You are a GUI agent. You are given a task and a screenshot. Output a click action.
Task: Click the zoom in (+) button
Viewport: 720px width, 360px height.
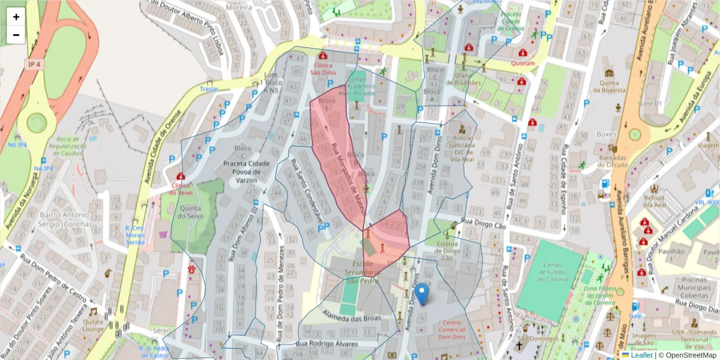[16, 17]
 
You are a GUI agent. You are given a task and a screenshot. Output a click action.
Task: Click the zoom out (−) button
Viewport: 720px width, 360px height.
[16, 35]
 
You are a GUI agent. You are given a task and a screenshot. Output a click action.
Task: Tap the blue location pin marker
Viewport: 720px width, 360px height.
[422, 294]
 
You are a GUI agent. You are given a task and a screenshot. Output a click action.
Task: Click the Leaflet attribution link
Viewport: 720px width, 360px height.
[641, 355]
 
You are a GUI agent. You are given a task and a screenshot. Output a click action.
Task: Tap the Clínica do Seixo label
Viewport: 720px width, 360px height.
[181, 188]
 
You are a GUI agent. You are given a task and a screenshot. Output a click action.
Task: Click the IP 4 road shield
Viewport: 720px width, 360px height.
[34, 64]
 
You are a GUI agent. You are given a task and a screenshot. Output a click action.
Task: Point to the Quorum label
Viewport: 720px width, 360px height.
[523, 62]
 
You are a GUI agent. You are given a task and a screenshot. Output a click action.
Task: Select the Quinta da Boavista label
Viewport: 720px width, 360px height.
[610, 86]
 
